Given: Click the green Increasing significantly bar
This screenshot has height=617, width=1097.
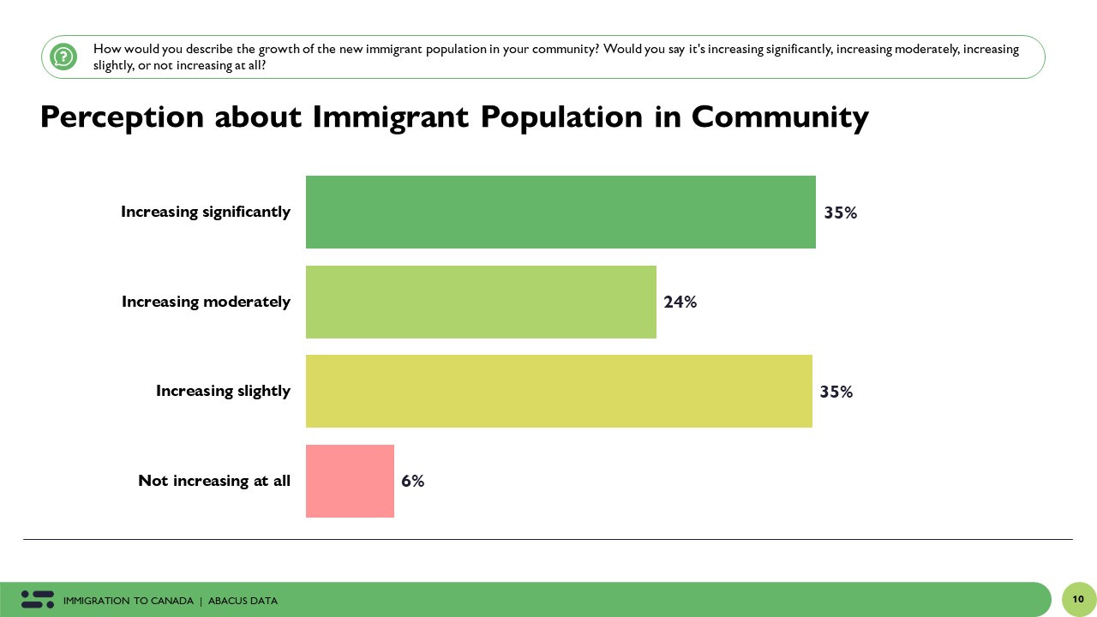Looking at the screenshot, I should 560,212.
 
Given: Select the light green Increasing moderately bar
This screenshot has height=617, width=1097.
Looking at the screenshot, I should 481,302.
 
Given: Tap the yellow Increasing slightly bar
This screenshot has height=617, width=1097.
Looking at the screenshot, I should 559,391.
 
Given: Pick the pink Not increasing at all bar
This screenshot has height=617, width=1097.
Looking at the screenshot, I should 350,481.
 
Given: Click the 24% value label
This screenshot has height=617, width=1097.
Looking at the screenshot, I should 680,302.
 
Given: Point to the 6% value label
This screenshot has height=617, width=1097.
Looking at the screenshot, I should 412,481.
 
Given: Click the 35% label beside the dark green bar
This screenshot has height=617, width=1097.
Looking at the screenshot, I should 840,213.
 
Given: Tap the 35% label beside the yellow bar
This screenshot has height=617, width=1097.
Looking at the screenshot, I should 836,392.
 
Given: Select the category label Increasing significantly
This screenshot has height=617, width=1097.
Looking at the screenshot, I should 206,212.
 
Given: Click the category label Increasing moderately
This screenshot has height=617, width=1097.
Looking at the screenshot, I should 206,302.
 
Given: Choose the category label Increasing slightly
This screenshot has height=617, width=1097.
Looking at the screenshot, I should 223,391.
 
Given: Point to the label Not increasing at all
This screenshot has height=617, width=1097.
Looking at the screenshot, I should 214,481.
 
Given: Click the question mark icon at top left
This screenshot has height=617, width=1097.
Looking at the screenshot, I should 63,57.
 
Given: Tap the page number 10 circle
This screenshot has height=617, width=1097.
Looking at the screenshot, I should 1078,599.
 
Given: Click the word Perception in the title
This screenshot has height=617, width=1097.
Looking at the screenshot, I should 122,117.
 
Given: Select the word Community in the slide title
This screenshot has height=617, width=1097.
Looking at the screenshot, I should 780,117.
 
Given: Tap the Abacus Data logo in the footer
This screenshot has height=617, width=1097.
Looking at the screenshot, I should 38,600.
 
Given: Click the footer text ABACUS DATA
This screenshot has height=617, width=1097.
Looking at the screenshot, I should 243,601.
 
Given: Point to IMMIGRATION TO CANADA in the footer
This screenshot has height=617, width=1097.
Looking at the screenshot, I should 129,601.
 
